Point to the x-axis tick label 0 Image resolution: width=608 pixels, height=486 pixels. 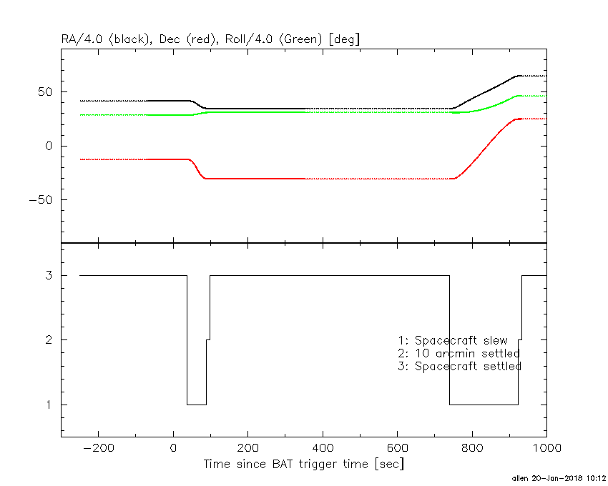[173, 448]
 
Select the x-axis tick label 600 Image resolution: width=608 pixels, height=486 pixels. [397, 448]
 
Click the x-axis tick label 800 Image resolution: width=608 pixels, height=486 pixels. [471, 448]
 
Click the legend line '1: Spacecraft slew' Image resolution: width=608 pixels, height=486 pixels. [452, 340]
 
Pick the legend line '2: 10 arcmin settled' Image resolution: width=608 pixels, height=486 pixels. [459, 353]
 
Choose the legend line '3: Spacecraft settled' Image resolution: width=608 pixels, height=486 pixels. [459, 366]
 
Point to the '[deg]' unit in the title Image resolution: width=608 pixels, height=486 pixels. [344, 39]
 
